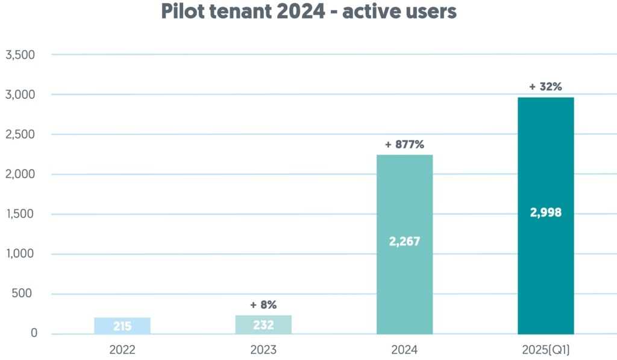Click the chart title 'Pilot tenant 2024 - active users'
(x=308, y=11)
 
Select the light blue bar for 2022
(x=122, y=326)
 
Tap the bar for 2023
(x=263, y=324)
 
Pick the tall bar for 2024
(x=404, y=199)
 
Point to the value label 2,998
(x=545, y=212)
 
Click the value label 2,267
(x=404, y=242)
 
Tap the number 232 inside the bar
(x=263, y=325)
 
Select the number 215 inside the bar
(x=122, y=326)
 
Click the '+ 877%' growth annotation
(x=404, y=145)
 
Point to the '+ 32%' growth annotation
(x=545, y=87)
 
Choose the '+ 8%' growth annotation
(x=263, y=305)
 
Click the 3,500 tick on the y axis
(x=20, y=55)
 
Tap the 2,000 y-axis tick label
(x=20, y=174)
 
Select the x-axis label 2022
(x=122, y=350)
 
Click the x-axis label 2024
(x=404, y=350)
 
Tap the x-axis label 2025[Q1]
(x=545, y=350)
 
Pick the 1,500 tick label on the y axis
(x=20, y=214)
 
